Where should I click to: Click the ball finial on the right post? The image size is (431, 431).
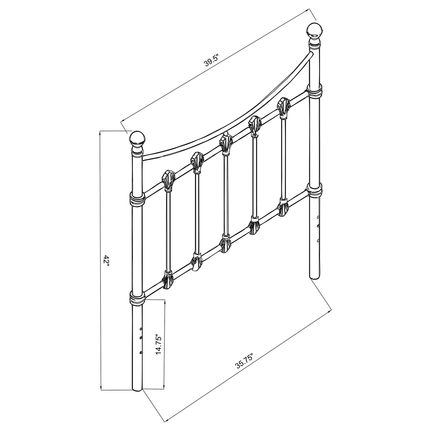point(315,31)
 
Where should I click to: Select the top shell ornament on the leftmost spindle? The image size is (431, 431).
point(168,180)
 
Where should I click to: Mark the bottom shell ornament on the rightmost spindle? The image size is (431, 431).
point(283,207)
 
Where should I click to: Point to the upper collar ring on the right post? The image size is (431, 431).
point(315,90)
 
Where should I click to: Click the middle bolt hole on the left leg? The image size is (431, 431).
point(140,338)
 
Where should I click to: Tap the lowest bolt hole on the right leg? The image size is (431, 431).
point(319,240)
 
